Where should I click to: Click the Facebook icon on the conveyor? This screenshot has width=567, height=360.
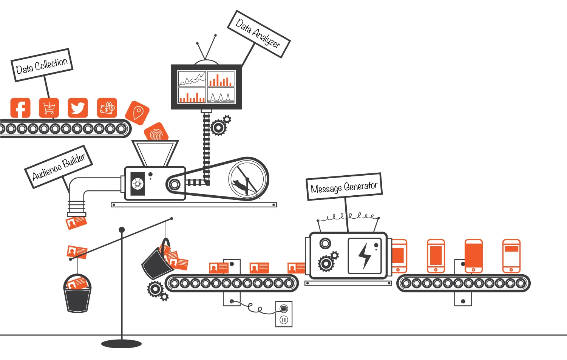(x=20, y=108)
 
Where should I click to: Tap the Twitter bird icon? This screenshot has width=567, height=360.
(x=78, y=108)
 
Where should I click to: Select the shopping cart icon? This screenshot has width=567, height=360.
(x=49, y=108)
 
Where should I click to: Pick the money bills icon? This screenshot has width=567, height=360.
(x=107, y=108)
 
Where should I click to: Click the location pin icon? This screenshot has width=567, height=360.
(x=138, y=113)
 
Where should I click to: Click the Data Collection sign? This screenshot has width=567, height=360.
(x=42, y=65)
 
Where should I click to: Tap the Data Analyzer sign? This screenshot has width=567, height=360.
(x=259, y=34)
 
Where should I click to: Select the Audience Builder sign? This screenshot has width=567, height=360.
(x=59, y=167)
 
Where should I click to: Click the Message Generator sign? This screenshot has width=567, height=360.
(x=344, y=187)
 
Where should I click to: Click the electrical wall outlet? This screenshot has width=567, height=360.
(x=284, y=314)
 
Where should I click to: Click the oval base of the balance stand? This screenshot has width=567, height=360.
(x=122, y=344)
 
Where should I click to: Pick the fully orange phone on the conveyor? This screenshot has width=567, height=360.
(x=474, y=256)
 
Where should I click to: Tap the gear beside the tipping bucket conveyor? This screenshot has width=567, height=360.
(x=155, y=289)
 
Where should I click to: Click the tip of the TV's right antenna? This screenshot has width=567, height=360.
(x=215, y=36)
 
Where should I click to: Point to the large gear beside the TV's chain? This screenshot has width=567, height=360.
(x=218, y=128)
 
